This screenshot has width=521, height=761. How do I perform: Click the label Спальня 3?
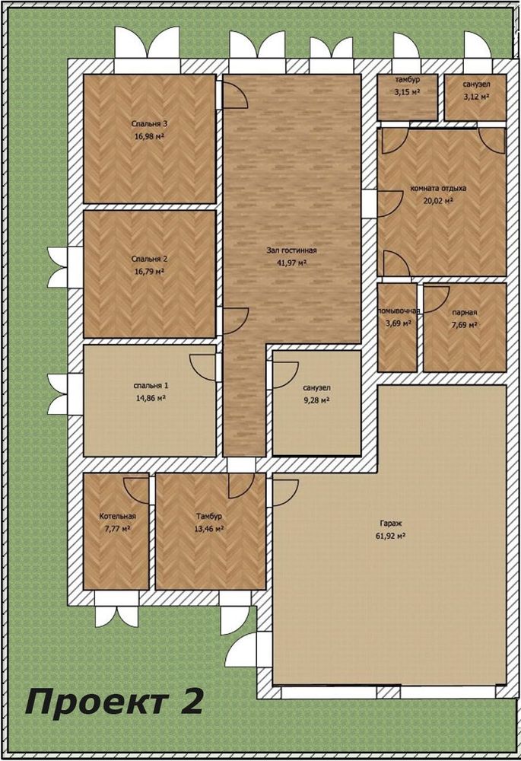[x=149, y=124]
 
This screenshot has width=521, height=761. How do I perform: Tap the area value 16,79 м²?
[x=149, y=272]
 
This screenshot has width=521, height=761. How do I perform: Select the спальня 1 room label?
[x=151, y=386]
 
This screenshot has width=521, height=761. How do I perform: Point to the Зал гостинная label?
[x=291, y=250]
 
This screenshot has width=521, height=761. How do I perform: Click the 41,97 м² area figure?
[x=291, y=263]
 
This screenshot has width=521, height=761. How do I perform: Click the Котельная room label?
[x=117, y=517]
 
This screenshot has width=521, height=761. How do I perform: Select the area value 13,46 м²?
[x=209, y=529]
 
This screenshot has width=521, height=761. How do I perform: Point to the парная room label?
[x=465, y=313]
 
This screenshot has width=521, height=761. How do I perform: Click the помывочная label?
[x=399, y=310]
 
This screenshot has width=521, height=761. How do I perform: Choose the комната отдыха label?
[x=439, y=188]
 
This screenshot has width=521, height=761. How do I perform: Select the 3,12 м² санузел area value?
[x=476, y=97]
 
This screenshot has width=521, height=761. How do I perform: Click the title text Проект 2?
[x=113, y=702]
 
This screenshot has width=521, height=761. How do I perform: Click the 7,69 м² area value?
[x=465, y=325]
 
